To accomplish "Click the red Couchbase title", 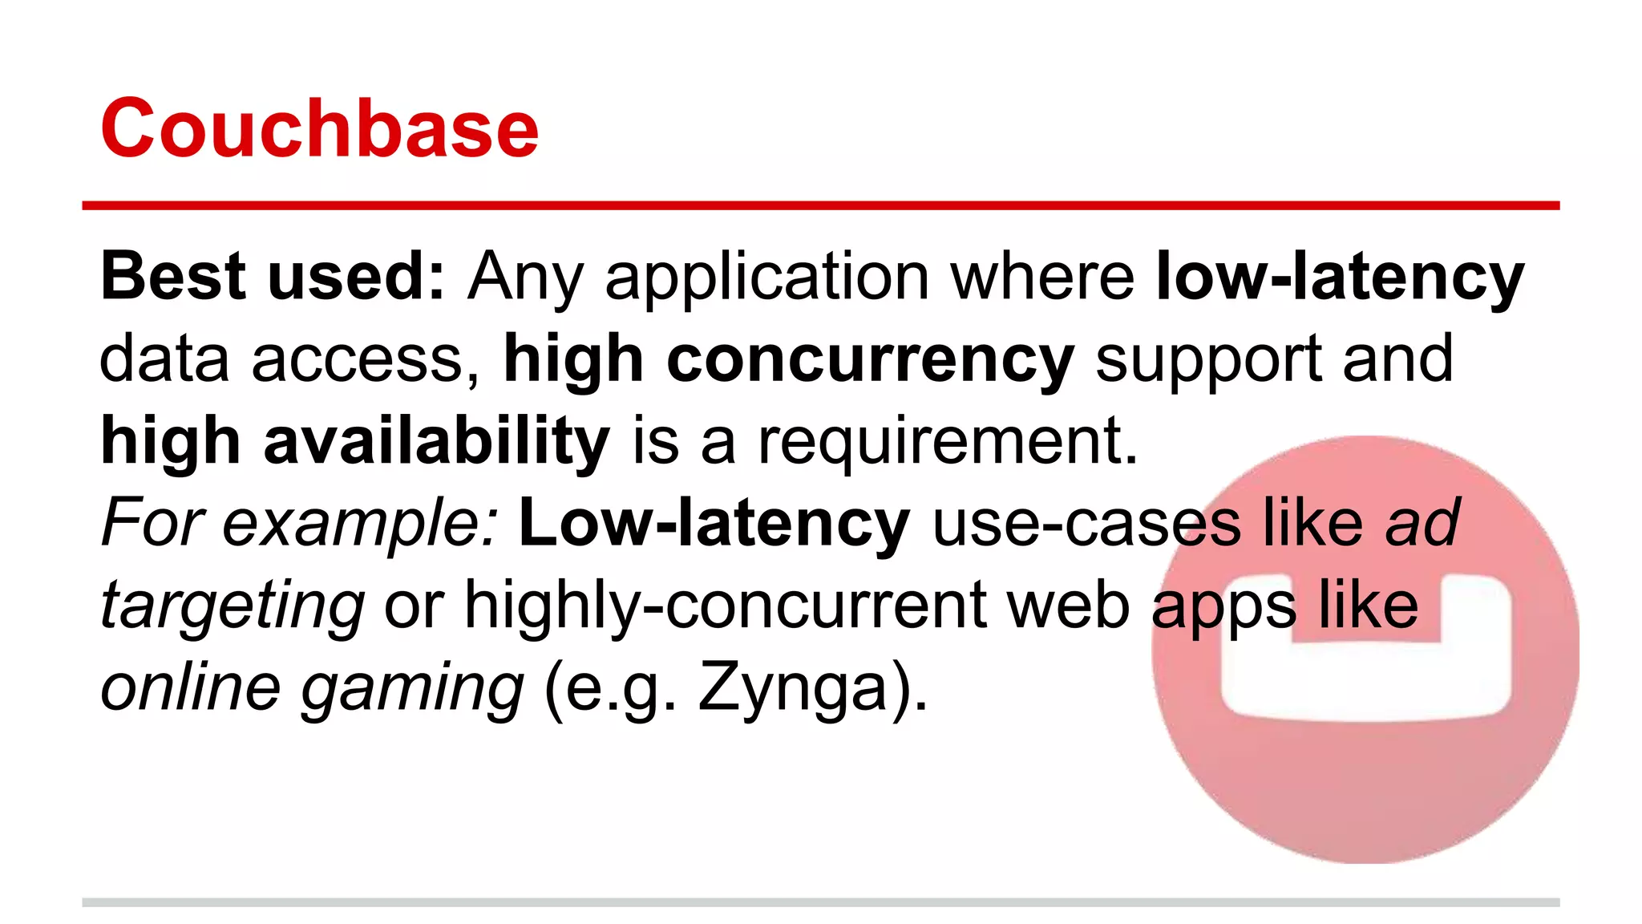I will [319, 128].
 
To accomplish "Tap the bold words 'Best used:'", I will [273, 276].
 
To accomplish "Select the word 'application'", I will [767, 278].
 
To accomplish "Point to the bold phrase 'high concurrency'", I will [788, 359].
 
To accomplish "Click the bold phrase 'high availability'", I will [355, 441].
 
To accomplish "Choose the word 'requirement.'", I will [948, 443].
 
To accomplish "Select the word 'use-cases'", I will [1087, 523].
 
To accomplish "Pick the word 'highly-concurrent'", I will [726, 606].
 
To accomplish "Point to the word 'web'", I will [1069, 606].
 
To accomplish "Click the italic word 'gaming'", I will [412, 689].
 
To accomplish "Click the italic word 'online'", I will [191, 687].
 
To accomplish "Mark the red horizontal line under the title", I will [821, 206].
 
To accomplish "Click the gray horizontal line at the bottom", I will [821, 902].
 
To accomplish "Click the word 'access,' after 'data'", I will [366, 359].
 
